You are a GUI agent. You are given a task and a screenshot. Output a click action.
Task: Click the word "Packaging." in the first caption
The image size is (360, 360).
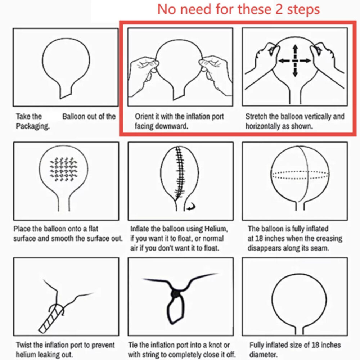tap(33, 126)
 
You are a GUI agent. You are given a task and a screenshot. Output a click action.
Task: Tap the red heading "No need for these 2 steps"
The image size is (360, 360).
tap(239, 9)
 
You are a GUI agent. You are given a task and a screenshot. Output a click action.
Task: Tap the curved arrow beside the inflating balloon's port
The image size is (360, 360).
tap(191, 207)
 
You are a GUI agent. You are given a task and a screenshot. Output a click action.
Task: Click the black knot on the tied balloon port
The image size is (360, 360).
tap(176, 294)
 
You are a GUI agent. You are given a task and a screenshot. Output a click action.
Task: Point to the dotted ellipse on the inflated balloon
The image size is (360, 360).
tap(300, 175)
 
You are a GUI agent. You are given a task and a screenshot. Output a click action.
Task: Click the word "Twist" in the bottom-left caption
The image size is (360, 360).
tap(24, 345)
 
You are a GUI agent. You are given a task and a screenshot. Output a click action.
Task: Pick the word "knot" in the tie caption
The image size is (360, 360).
tap(215, 345)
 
